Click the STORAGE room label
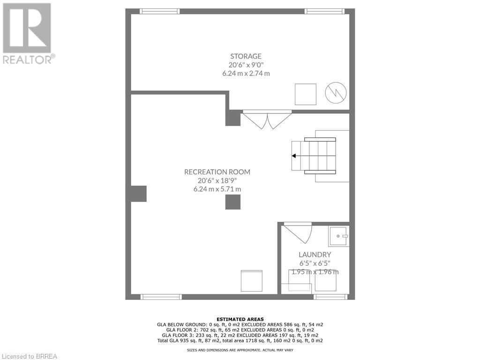tap(246, 56)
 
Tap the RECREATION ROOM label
tap(217, 172)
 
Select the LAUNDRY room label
tap(312, 255)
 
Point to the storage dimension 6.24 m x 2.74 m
tap(246, 74)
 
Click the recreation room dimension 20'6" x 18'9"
tap(217, 180)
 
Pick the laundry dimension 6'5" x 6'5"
tap(312, 263)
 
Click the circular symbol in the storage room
tap(336, 93)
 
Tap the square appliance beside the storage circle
tap(305, 94)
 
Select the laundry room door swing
tap(300, 232)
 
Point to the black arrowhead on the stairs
tap(293, 156)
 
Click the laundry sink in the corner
tap(338, 236)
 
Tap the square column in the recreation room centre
tap(232, 202)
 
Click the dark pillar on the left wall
tap(139, 194)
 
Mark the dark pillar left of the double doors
tap(233, 118)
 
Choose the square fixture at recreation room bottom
tap(252, 281)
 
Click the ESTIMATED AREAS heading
tap(240, 319)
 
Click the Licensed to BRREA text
tap(29, 356)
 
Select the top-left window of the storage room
tap(160, 11)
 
